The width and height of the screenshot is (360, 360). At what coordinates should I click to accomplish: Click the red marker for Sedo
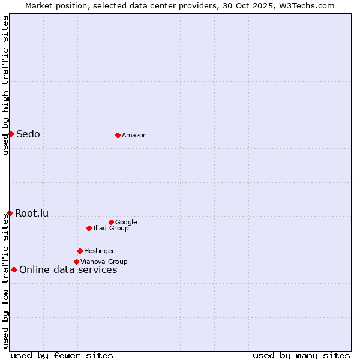point(11,134)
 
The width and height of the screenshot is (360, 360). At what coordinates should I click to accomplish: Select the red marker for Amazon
point(118,135)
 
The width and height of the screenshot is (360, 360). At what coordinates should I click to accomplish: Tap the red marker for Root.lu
point(10,213)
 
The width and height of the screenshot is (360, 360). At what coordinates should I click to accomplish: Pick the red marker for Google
point(111,222)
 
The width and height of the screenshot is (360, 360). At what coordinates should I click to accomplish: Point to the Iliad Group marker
point(89,228)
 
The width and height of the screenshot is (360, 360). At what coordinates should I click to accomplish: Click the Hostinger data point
point(80,251)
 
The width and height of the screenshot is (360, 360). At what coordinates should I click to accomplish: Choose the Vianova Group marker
point(76,262)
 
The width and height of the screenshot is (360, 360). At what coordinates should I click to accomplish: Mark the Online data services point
point(14,269)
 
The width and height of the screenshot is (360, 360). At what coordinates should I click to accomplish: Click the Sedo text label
point(28,134)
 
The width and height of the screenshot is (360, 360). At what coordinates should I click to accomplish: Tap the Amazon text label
point(134,135)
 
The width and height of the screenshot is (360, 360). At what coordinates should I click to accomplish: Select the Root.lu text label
point(32,213)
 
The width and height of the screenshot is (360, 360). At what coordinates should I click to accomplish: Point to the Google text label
point(126,222)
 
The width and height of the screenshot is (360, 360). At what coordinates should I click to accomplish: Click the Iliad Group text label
point(111,228)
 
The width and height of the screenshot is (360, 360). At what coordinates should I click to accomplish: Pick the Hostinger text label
point(99,251)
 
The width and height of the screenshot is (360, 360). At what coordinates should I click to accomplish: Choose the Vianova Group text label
point(104,262)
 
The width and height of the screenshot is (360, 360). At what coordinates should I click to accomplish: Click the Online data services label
point(68,269)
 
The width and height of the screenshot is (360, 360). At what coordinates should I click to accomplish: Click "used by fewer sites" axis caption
point(62,355)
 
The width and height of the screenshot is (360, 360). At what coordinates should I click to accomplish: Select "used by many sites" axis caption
point(301,355)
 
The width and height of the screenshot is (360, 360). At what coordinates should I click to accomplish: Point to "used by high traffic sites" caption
point(5,85)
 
